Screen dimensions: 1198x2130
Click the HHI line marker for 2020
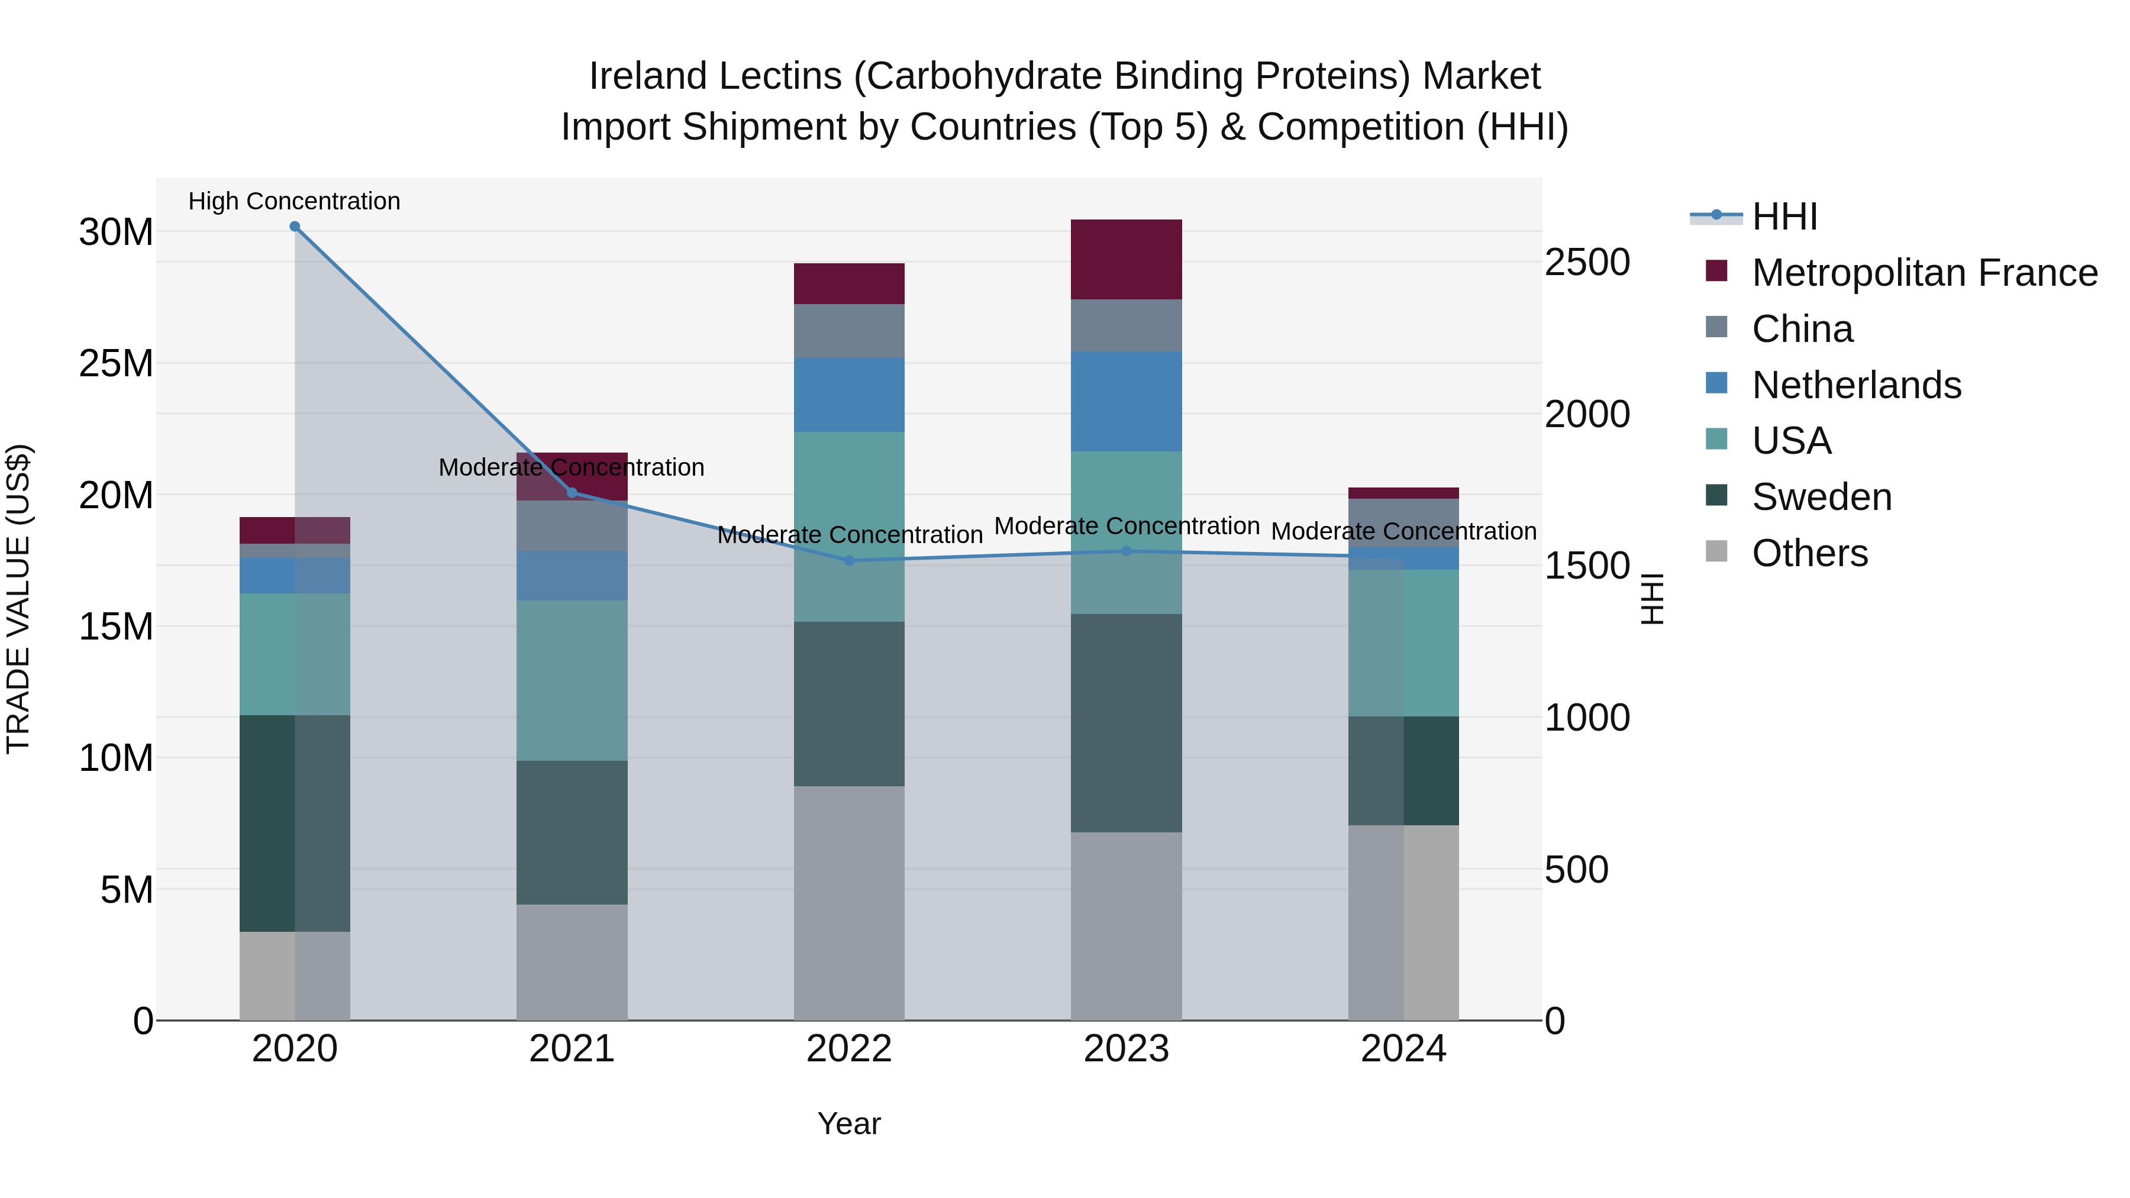tap(295, 227)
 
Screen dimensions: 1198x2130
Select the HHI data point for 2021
tap(572, 493)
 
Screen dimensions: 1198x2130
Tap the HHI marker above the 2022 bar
tap(849, 561)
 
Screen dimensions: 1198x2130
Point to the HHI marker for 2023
tap(1126, 551)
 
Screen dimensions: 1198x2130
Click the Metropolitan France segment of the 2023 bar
tap(1126, 260)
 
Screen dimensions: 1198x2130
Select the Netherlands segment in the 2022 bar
tap(849, 395)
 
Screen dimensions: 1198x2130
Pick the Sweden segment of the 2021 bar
tap(572, 832)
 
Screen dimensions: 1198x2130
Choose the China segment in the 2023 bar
tap(1126, 325)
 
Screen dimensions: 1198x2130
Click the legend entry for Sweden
tap(1821, 497)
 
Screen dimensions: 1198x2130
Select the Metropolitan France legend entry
tap(1924, 273)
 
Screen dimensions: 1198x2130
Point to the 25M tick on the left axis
tap(116, 364)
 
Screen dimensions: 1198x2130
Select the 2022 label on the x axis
tap(849, 1049)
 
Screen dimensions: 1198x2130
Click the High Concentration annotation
tap(295, 201)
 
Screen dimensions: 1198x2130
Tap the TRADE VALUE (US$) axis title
tap(18, 599)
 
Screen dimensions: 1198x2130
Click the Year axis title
tap(849, 1123)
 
